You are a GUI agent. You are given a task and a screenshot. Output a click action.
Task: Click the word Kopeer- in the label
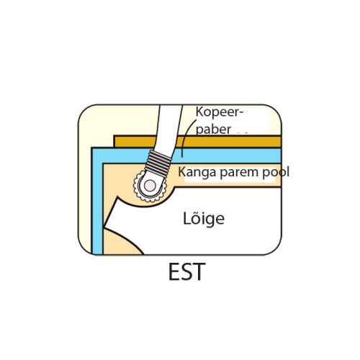coord(220,112)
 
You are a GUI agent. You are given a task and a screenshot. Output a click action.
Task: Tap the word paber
coord(213,130)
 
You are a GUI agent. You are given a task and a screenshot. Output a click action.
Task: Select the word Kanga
coord(197,173)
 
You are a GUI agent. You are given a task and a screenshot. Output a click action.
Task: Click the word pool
coord(276,173)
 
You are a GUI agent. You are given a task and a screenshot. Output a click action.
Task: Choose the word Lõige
coord(204,218)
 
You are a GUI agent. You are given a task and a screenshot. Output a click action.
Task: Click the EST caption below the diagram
coord(187,271)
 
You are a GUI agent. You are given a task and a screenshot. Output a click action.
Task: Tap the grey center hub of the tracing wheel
coord(150,186)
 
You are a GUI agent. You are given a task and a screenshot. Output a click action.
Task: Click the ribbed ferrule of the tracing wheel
coord(158,163)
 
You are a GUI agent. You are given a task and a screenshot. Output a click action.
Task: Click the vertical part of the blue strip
coord(97,202)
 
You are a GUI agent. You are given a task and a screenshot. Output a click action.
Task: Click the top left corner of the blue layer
coord(92,148)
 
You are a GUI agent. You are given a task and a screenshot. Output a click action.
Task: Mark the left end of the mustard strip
coord(114,142)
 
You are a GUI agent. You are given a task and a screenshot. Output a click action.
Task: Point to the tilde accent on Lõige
coord(193,212)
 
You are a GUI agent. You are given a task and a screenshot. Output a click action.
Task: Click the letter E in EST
coord(174,271)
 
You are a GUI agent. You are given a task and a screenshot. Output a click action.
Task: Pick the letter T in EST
coord(199,271)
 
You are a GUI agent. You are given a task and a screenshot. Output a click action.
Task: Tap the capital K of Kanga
coord(181,171)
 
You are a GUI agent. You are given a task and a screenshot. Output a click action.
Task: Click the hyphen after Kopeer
coord(241,113)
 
